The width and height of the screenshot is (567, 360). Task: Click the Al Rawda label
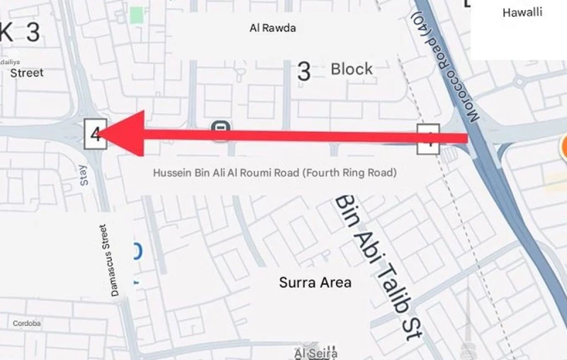pyautogui.click(x=273, y=29)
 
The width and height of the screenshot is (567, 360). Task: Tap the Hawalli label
pyautogui.click(x=522, y=13)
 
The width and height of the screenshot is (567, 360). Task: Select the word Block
pyautogui.click(x=352, y=69)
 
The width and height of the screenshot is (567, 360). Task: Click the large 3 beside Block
pyautogui.click(x=304, y=71)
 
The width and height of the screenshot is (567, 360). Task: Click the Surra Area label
pyautogui.click(x=315, y=282)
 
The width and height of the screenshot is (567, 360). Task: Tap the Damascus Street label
pyautogui.click(x=107, y=260)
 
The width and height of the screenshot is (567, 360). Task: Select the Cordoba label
pyautogui.click(x=27, y=323)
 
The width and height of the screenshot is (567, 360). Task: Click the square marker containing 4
pyautogui.click(x=95, y=134)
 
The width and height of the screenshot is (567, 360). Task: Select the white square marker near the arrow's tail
pyautogui.click(x=428, y=139)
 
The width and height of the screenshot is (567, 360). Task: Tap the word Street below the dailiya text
pyautogui.click(x=27, y=72)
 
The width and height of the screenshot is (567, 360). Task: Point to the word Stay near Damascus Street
pyautogui.click(x=85, y=175)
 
